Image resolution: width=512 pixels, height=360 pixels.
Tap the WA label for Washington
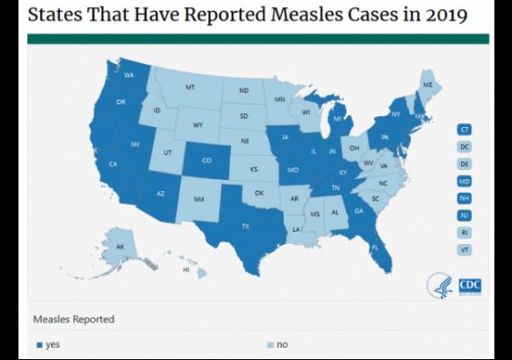click(129, 75)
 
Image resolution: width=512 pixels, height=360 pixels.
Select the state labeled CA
click(113, 164)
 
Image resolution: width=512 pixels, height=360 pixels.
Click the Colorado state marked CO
click(207, 160)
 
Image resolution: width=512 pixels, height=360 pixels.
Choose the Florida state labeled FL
click(375, 247)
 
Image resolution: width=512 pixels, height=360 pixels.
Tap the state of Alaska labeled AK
click(119, 247)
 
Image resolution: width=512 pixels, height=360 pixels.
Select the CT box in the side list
click(464, 129)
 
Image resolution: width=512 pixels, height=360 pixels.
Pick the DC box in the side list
click(464, 146)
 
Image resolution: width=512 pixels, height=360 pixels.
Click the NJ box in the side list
click(464, 215)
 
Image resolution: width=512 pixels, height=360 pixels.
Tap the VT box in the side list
click(464, 250)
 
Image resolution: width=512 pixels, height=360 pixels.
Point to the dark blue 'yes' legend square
click(38, 345)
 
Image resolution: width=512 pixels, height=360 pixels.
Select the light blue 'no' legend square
click(270, 345)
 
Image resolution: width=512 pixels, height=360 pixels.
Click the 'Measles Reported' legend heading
click(73, 319)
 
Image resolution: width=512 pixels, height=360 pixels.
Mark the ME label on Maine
click(428, 86)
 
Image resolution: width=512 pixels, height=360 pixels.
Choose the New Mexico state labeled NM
click(199, 199)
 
